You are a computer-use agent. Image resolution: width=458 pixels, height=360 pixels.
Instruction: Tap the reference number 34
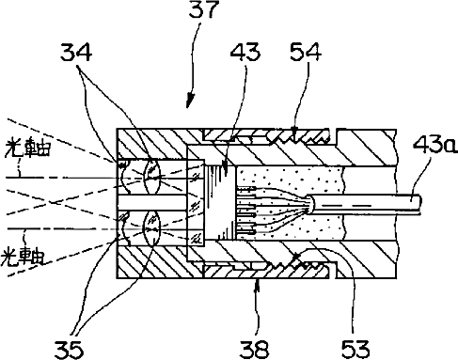76,53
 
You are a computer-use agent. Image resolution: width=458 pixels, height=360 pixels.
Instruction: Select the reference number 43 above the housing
245,52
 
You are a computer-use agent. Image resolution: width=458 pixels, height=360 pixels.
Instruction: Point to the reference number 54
306,52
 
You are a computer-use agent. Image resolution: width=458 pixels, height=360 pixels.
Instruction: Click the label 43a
434,145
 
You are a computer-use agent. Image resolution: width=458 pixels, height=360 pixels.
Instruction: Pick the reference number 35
70,350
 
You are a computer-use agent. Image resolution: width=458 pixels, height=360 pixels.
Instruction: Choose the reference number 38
254,349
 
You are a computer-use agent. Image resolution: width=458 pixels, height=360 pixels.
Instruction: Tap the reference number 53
355,349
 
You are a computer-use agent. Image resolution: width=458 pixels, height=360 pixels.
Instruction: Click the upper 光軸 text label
27,148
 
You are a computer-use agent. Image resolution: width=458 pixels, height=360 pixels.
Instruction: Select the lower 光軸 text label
23,257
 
